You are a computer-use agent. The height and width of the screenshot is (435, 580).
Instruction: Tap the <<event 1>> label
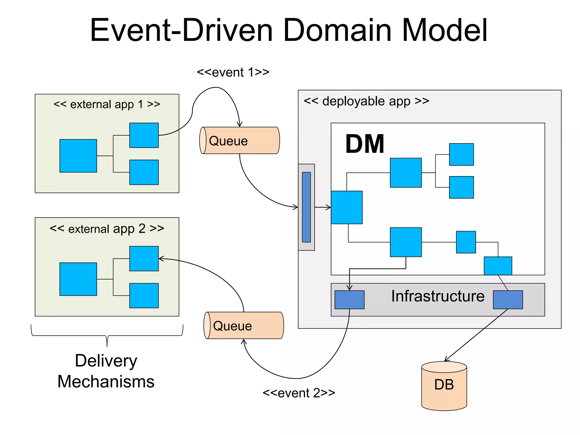pyautogui.click(x=233, y=72)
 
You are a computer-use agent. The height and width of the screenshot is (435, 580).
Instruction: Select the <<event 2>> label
pyautogui.click(x=299, y=393)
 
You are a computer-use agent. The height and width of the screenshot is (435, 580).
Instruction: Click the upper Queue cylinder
pyautogui.click(x=240, y=140)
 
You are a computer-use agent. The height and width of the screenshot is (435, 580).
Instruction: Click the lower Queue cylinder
pyautogui.click(x=244, y=325)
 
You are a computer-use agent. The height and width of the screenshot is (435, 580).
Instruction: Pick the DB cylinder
pyautogui.click(x=444, y=386)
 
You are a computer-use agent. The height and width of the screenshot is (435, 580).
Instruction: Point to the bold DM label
pyautogui.click(x=365, y=144)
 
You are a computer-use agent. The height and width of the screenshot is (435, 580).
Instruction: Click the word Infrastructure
pyautogui.click(x=438, y=296)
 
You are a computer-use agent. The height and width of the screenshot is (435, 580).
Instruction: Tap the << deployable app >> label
pyautogui.click(x=366, y=101)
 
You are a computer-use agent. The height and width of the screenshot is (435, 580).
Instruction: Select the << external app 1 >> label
pyautogui.click(x=107, y=104)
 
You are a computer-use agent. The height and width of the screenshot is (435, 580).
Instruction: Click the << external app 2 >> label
pyautogui.click(x=107, y=228)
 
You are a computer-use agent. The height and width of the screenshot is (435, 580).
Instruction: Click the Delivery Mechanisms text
pyautogui.click(x=106, y=371)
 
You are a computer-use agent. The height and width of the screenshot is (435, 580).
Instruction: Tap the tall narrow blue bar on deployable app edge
pyautogui.click(x=306, y=207)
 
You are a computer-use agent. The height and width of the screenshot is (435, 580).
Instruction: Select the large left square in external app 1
pyautogui.click(x=78, y=156)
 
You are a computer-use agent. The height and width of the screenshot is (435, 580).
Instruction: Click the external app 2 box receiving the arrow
pyautogui.click(x=144, y=259)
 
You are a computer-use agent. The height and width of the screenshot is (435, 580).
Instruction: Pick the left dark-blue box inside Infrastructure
pyautogui.click(x=349, y=300)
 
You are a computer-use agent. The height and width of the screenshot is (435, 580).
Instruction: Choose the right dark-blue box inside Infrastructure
pyautogui.click(x=508, y=300)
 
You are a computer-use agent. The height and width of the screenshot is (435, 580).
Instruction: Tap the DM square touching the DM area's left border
pyautogui.click(x=347, y=207)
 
